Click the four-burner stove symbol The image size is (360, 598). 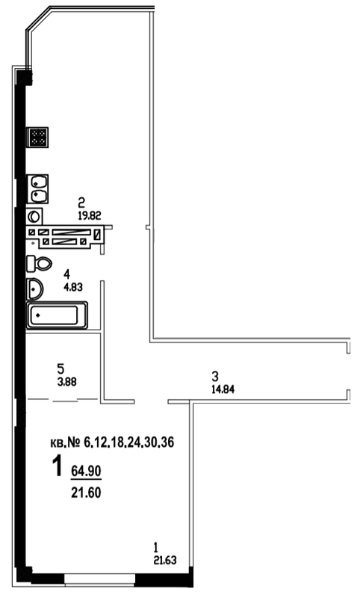(x=37, y=137)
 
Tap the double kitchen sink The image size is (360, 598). (x=37, y=189)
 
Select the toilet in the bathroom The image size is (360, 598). (x=39, y=263)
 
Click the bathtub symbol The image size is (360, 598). (x=57, y=315)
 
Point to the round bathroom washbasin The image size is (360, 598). (x=34, y=289)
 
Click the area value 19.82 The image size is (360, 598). (x=90, y=216)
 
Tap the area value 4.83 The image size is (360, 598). (x=72, y=287)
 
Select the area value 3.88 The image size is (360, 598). (x=66, y=381)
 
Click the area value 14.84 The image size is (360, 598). (x=223, y=389)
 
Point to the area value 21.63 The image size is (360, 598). (x=165, y=560)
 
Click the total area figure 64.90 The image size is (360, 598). (x=86, y=471)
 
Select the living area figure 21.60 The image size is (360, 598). (x=86, y=493)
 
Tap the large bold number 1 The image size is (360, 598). (x=58, y=466)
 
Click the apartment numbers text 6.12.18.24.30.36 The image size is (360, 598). (x=128, y=443)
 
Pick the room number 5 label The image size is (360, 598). (x=60, y=369)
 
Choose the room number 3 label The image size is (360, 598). (x=215, y=377)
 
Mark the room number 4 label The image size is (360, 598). (x=67, y=274)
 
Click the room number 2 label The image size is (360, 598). (x=81, y=202)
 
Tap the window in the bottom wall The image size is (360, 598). (x=100, y=579)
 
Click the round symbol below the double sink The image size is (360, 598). (x=34, y=217)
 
